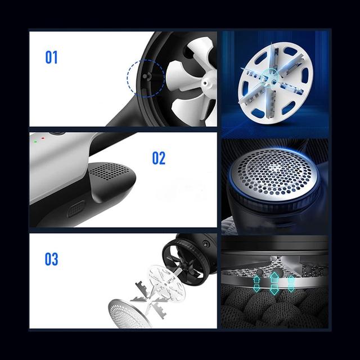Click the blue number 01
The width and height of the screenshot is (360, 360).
[51, 57]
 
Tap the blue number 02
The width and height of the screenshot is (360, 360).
[159, 158]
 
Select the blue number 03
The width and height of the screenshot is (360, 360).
[51, 259]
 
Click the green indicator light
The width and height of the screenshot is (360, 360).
[35, 142]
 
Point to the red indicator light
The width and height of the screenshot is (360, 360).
[43, 138]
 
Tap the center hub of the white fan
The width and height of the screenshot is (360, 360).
[207, 82]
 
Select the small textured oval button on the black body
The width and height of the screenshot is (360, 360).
[76, 209]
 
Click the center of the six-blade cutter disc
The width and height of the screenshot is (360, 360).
[274, 82]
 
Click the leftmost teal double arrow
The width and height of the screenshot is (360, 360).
[256, 284]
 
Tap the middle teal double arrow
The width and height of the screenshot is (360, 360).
[273, 283]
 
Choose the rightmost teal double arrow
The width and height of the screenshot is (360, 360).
[291, 283]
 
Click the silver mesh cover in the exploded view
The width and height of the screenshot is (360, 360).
[129, 313]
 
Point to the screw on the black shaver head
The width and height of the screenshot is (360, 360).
[206, 244]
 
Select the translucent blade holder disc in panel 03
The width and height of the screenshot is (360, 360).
[167, 283]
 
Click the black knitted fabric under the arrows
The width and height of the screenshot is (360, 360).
[274, 308]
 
